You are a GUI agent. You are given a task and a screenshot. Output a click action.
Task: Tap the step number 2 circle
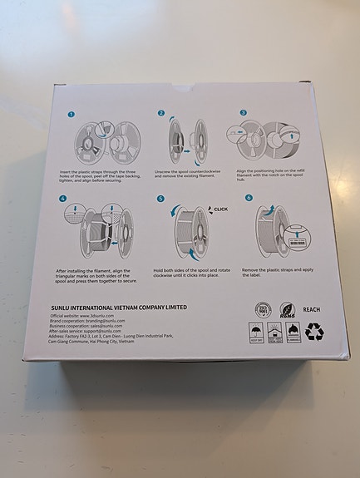[x=161, y=113]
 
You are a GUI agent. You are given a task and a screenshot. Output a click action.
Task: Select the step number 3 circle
[x=244, y=112]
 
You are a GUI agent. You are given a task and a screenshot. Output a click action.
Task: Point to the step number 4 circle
[x=62, y=200]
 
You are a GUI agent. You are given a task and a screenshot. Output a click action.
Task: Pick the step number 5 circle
[x=160, y=200]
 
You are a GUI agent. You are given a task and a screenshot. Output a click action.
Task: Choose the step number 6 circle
[x=248, y=199]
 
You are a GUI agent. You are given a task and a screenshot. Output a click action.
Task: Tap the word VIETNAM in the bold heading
[x=136, y=307]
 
